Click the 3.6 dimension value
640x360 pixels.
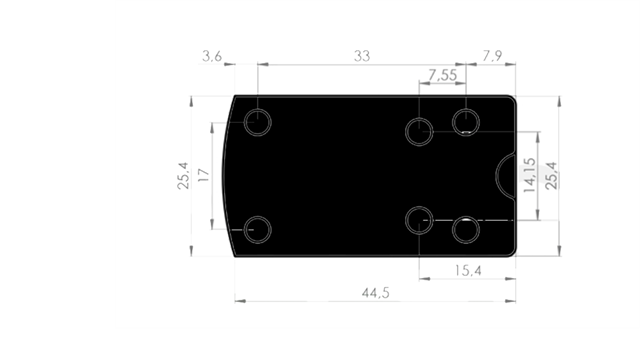coord(211,56)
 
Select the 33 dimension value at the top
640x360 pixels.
coord(362,56)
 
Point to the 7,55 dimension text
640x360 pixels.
coord(443,76)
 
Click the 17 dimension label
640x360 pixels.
coord(204,176)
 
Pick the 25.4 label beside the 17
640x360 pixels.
coord(181,176)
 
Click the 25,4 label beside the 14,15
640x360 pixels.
coord(551,174)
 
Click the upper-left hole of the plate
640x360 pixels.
coord(259,123)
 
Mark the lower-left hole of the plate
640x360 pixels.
coord(259,228)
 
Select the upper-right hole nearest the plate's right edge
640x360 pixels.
coord(466,122)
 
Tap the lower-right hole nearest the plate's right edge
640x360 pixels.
coord(466,230)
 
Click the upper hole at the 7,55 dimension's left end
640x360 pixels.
coord(420,130)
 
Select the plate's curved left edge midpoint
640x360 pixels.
coord(225,176)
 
